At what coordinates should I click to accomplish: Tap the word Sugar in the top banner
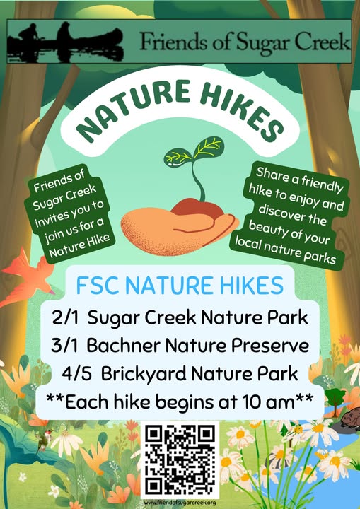point(262,42)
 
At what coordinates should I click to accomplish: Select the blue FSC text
point(97,286)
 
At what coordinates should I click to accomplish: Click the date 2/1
point(65,317)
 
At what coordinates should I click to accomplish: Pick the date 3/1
point(64,346)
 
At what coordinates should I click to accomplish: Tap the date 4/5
point(76,374)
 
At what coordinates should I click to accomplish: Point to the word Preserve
point(270,346)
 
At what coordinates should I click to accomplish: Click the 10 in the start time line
point(252,402)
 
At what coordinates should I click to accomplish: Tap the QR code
point(180,460)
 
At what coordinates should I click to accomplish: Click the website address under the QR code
point(180,503)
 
